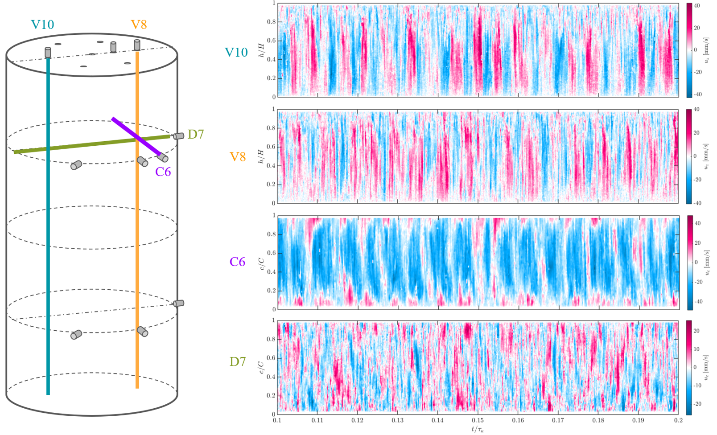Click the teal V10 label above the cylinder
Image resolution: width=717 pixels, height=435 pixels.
point(42,25)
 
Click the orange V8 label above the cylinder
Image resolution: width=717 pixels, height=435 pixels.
point(139,25)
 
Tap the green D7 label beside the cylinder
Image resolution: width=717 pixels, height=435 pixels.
point(196,134)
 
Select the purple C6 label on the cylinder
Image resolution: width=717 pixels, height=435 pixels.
point(163,172)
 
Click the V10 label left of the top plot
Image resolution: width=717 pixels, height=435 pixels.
point(236,53)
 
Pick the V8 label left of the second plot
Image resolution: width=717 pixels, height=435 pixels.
point(238,157)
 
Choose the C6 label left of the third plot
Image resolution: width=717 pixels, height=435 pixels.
point(237,262)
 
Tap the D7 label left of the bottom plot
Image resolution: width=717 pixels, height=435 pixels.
point(238,361)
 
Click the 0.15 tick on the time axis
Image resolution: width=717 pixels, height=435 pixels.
point(478,420)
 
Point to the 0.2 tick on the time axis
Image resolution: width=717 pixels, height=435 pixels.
point(678,420)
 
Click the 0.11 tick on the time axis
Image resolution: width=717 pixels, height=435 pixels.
point(317,420)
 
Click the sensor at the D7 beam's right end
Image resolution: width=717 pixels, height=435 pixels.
point(178,136)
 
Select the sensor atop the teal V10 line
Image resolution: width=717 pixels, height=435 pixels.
point(48,52)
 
